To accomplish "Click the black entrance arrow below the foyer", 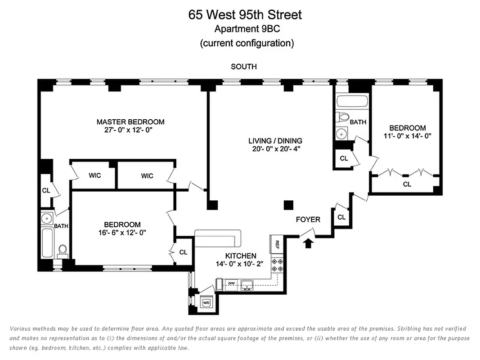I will click(308, 243).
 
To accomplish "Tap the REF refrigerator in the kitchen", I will click(276, 245).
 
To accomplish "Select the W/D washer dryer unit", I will click(207, 303).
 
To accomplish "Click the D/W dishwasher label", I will click(232, 283).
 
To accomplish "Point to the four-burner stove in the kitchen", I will click(276, 265).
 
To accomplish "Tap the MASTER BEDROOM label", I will click(130, 122).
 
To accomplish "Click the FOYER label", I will click(308, 220).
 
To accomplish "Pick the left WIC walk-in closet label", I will click(94, 175).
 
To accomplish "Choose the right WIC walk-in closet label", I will click(147, 175).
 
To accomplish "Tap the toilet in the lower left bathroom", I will click(63, 250).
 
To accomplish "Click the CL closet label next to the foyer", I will click(341, 217).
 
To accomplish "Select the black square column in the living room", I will click(288, 205).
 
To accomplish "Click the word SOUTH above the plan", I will click(243, 67).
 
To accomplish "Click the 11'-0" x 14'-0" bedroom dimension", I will click(407, 136).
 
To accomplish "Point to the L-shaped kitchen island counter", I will click(218, 237).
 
